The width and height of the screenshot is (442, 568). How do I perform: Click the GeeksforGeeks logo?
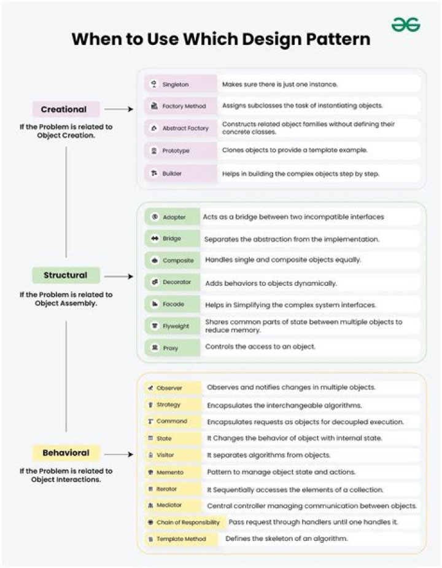pos(406,25)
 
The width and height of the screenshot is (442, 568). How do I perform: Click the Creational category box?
pos(66,109)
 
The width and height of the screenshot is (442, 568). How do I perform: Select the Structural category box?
pos(66,275)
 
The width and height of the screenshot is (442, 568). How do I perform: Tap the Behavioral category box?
pos(66,453)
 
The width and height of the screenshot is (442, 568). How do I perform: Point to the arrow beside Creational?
pos(118,109)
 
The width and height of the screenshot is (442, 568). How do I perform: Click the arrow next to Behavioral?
pos(118,454)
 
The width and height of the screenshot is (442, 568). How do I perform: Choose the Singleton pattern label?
pos(176,84)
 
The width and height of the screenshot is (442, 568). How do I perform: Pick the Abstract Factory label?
pos(185,128)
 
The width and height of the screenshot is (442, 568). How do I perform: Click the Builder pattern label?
pos(172,173)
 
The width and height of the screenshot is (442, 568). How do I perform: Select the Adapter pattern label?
pos(174,217)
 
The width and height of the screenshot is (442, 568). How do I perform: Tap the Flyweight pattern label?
pos(176,326)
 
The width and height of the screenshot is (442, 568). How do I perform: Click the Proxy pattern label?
pos(171,348)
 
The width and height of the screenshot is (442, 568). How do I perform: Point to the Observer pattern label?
pos(169,388)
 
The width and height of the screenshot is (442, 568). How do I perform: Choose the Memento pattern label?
pos(169,472)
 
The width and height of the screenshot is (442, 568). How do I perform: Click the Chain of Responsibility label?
pos(188,523)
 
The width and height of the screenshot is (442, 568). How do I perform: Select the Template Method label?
pos(181,539)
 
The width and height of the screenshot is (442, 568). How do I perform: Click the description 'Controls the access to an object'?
pos(260,347)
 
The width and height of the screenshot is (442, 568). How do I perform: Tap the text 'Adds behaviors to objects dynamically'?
pos(271,283)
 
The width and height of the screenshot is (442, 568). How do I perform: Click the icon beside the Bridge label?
pos(155,239)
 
